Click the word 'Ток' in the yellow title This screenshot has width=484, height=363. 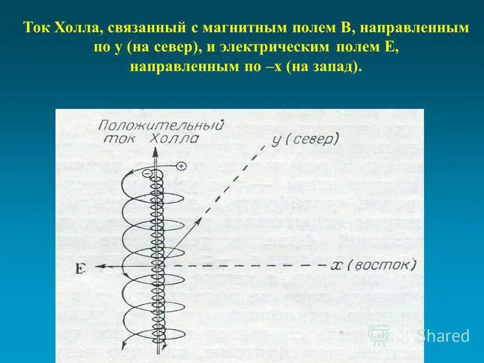[x=36, y=28]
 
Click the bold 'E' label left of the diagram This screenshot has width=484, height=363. [x=80, y=269]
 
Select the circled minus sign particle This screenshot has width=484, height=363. [x=146, y=173]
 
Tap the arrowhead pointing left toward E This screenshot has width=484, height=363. [x=102, y=265]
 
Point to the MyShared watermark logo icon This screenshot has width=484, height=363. [x=379, y=334]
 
